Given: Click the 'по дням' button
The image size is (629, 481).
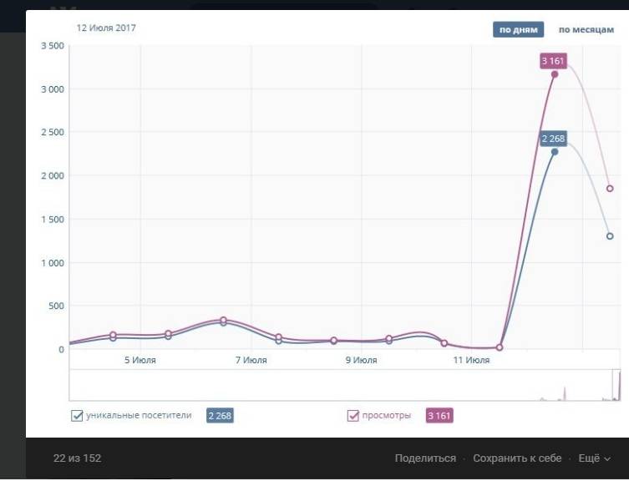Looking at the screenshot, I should pos(518,30).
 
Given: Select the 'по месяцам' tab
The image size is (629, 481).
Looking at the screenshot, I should pos(586,30).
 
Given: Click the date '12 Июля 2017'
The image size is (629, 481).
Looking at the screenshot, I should pos(106,28).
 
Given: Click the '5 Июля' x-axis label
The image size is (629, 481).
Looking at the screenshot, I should pos(140,361).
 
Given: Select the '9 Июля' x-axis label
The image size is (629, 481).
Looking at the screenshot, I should pos(361,361).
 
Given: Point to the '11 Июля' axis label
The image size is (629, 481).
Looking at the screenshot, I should pos(471,361).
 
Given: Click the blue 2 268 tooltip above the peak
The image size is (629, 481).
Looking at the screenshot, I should pos(554,138).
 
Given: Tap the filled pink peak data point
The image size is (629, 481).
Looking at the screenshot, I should pos(555,74).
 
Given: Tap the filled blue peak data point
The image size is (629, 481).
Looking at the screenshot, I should pos(555,152).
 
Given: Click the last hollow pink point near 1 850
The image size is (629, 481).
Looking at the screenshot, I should pos(610,189).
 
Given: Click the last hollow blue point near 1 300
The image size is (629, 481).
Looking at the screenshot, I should pos(610,236).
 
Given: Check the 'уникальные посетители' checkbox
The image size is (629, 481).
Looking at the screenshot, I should pos(78,415).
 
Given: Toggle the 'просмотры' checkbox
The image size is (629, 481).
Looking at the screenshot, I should pos(353,415).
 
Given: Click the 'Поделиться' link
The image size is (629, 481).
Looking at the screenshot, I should pos(425,458).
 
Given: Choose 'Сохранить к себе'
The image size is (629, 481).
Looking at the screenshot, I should pos(517,458).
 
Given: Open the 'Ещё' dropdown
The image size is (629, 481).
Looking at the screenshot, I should pos(594,458).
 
